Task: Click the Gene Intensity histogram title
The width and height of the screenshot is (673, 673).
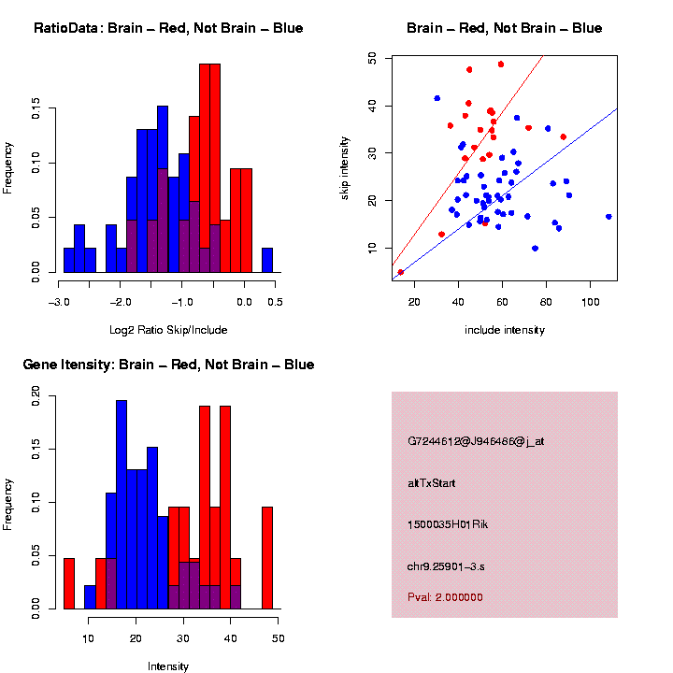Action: click(168, 365)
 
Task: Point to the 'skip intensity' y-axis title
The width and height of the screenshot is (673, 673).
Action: click(345, 165)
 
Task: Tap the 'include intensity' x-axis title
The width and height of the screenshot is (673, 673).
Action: click(505, 330)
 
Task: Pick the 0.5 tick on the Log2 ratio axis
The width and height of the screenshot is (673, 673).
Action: click(275, 302)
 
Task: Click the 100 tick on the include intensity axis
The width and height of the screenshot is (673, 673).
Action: click(590, 303)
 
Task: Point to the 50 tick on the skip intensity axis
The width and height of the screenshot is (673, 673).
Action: click(373, 58)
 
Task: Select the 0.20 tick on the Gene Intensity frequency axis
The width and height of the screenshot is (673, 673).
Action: click(36, 396)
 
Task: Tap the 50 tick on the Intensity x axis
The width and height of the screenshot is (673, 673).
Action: click(279, 639)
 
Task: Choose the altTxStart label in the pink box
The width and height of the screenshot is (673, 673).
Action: click(431, 483)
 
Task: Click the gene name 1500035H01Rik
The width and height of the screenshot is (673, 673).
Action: click(448, 524)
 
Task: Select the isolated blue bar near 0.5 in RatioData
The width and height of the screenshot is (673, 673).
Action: click(267, 264)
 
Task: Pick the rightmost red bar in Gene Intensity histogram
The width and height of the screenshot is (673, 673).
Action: click(267, 558)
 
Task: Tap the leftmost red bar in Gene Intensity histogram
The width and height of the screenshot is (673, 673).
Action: click(68, 583)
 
